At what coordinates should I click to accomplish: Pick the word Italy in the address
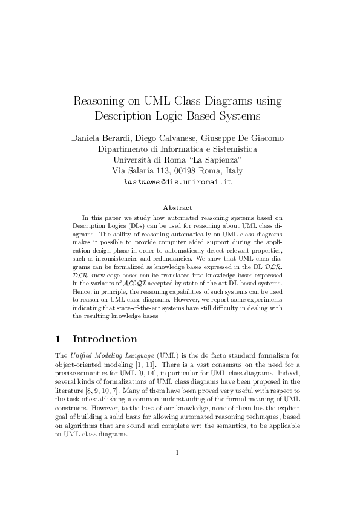pos(232,170)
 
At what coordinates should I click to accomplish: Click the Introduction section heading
pos(105,339)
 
